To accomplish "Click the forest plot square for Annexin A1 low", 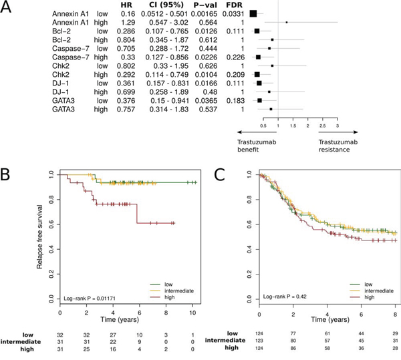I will [x=254, y=13].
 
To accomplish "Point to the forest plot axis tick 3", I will [x=338, y=126].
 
